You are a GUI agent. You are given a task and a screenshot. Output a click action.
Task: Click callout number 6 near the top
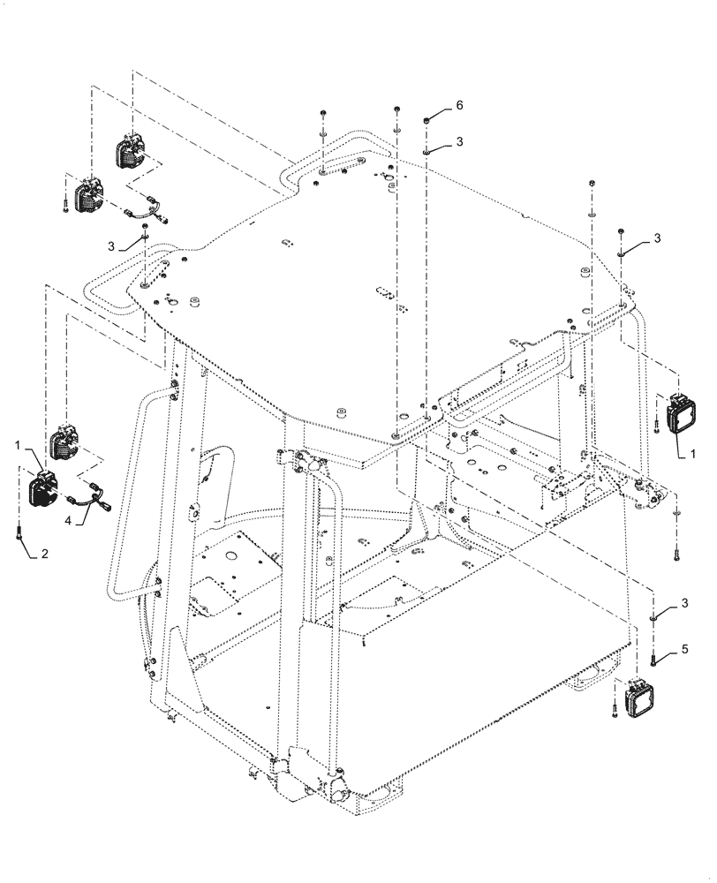[459, 105]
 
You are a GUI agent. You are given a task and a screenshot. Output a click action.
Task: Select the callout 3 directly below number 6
[459, 140]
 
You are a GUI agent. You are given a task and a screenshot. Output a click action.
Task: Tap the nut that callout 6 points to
[426, 120]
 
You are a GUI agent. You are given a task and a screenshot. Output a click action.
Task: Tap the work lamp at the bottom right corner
[637, 699]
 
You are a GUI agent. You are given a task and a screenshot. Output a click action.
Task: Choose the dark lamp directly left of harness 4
[42, 488]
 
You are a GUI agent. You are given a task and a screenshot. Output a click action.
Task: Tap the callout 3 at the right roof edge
[658, 238]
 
